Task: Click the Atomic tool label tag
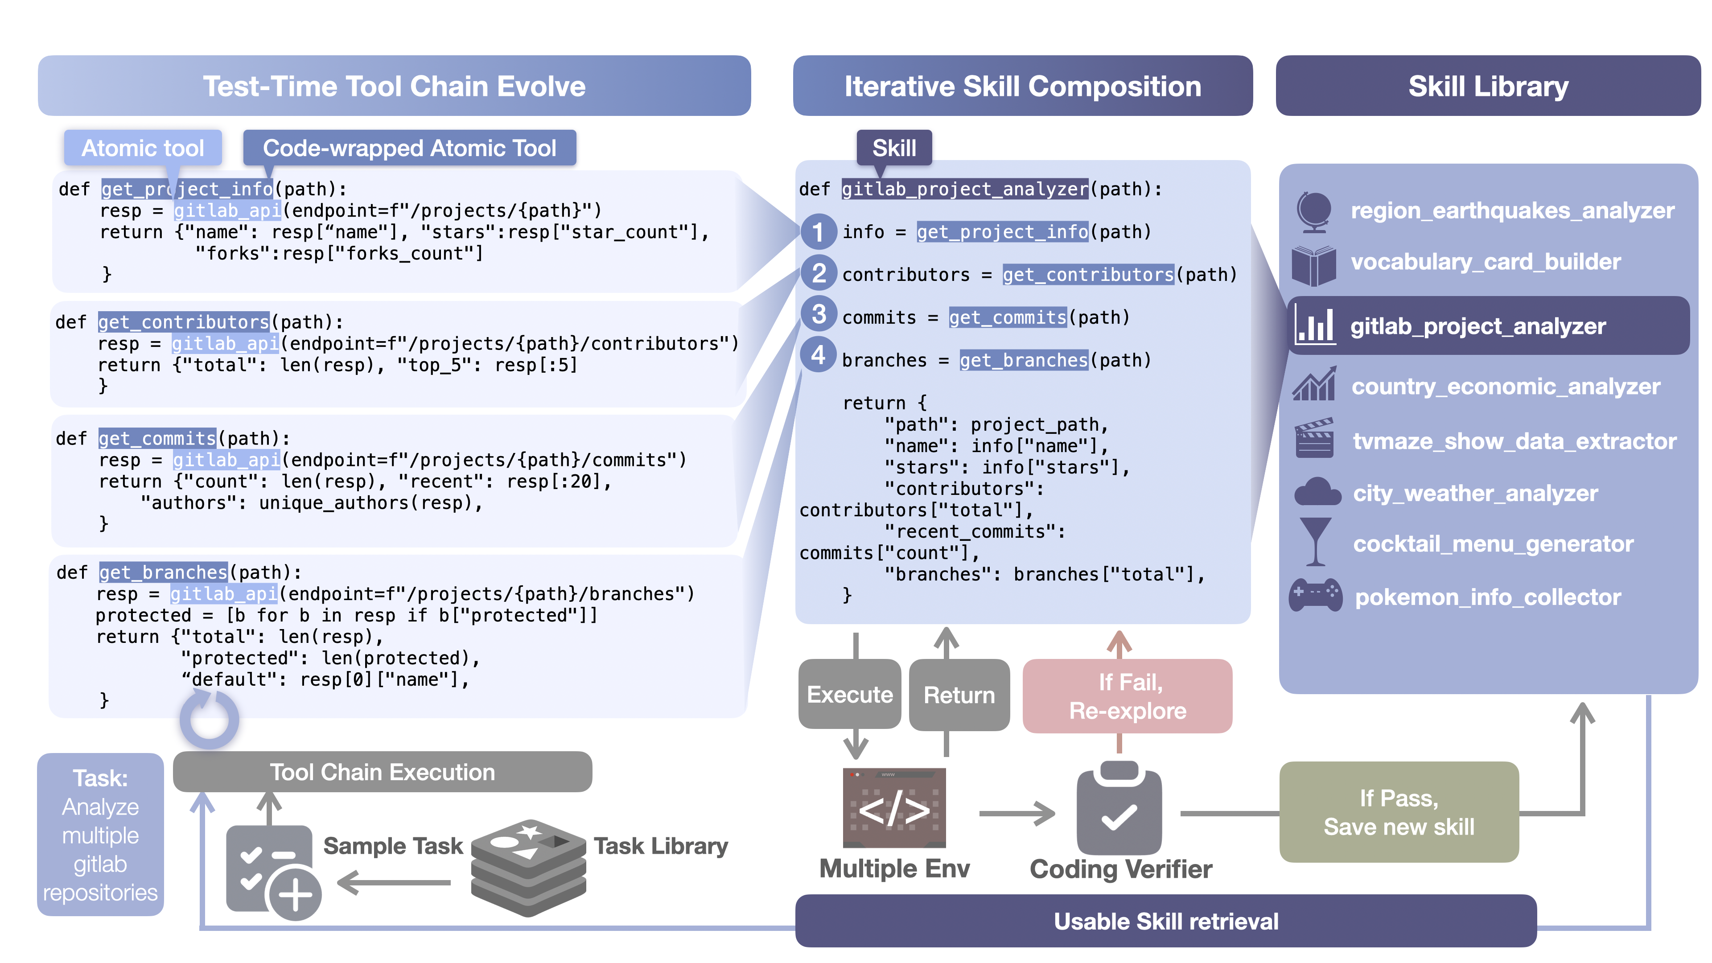point(142,148)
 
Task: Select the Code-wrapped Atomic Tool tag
point(409,148)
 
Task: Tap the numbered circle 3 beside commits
point(819,314)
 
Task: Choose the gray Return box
point(959,695)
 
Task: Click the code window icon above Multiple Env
point(894,807)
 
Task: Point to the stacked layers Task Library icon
point(528,867)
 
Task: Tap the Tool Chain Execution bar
point(382,772)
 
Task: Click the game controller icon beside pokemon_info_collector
point(1315,595)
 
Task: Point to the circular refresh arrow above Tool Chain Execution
point(210,719)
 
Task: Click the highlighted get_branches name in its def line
point(164,572)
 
